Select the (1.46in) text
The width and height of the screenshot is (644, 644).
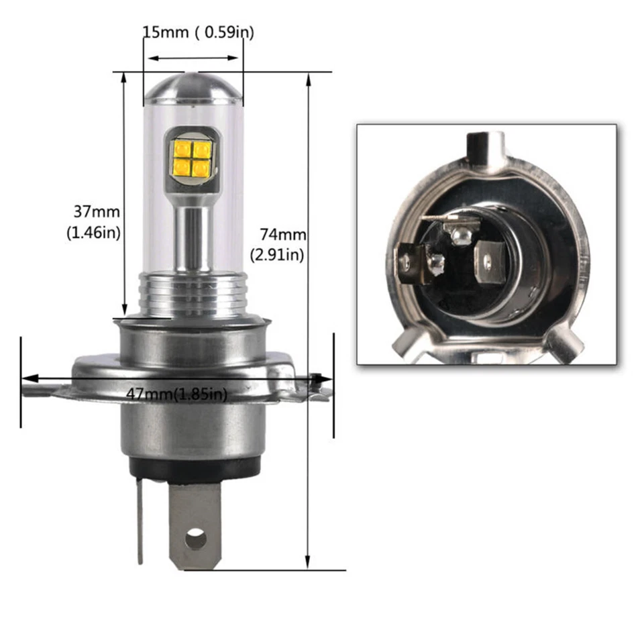click(x=93, y=233)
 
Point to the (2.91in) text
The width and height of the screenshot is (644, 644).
click(x=278, y=254)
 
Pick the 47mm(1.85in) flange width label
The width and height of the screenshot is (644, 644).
click(x=176, y=394)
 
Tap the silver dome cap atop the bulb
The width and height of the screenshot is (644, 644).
click(x=193, y=89)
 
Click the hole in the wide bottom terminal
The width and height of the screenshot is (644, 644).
click(x=195, y=538)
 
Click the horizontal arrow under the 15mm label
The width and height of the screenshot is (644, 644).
click(x=193, y=58)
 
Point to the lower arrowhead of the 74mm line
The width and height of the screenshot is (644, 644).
click(x=309, y=561)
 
